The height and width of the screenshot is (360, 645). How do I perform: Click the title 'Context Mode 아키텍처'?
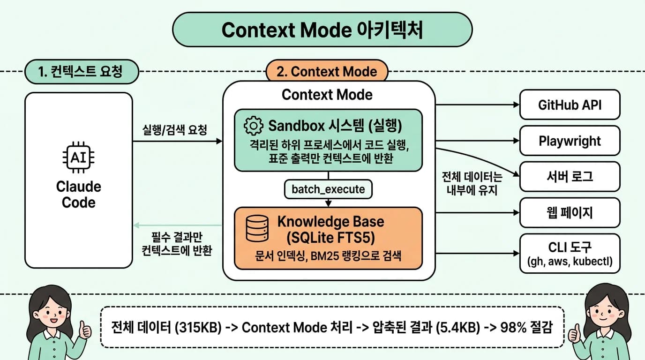(322, 30)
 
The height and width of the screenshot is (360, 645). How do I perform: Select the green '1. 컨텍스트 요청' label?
(82, 72)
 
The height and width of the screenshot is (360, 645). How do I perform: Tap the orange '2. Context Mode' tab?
(327, 72)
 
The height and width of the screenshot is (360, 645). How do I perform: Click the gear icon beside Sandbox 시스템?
(254, 126)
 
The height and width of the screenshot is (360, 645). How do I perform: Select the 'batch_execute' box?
(328, 189)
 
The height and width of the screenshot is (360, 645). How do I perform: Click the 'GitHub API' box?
(570, 104)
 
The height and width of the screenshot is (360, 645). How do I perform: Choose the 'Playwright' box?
(570, 141)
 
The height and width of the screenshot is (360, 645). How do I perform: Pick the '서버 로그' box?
(570, 176)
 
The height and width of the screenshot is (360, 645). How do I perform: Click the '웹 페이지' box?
(570, 213)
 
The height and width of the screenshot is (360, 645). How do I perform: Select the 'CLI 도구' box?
(570, 253)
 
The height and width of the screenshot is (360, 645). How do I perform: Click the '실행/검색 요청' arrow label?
(174, 130)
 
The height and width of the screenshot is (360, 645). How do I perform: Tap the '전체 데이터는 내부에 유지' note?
(472, 183)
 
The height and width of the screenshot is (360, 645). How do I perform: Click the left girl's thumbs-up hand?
(85, 330)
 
